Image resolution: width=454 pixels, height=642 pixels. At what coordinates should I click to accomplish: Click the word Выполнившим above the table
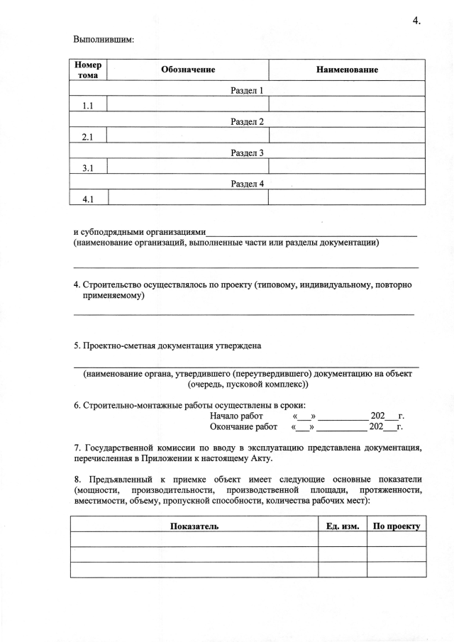tap(104, 40)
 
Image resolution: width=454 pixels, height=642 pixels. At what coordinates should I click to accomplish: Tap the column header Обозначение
tap(187, 70)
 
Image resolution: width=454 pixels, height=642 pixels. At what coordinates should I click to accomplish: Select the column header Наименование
tap(347, 70)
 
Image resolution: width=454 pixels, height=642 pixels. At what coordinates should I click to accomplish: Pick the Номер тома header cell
tap(88, 70)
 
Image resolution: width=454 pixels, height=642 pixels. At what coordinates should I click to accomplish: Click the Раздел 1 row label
tap(247, 91)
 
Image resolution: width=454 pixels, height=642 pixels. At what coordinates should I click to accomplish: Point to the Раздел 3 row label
tap(247, 153)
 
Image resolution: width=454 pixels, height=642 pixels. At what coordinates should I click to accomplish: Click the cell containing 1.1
tap(89, 106)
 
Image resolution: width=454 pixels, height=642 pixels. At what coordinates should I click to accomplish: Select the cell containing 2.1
tap(89, 137)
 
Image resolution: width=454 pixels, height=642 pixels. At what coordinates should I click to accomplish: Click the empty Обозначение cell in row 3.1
tap(187, 168)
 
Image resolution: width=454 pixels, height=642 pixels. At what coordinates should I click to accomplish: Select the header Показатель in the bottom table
tap(194, 526)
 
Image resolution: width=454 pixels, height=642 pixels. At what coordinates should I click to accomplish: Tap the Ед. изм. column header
tap(342, 526)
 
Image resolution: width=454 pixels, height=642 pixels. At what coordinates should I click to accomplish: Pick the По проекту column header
tap(397, 526)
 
